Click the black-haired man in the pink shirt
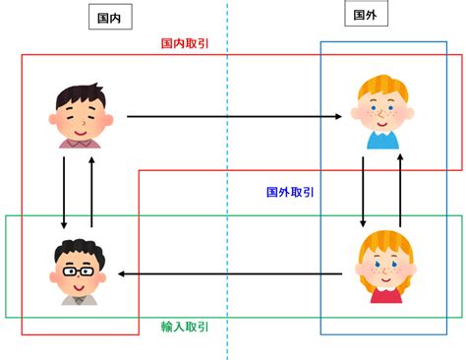(x=79, y=116)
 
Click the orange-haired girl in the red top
(x=385, y=266)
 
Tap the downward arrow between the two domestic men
(x=63, y=192)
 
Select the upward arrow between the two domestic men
(x=91, y=192)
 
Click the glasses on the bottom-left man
(x=77, y=269)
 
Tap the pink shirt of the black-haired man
(x=79, y=143)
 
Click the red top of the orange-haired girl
(x=385, y=292)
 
